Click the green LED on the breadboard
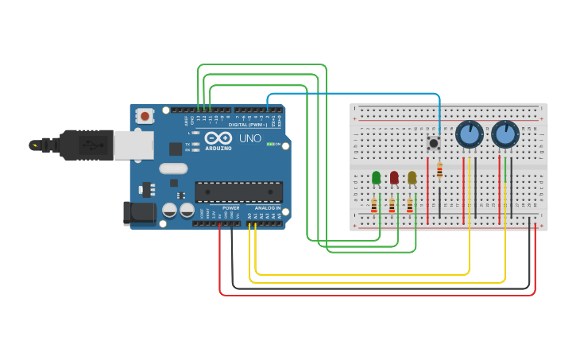click(376, 177)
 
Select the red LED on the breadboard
click(394, 177)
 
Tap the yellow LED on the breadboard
click(412, 177)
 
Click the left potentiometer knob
click(470, 134)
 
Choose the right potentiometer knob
click(505, 134)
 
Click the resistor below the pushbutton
click(439, 169)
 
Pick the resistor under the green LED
click(374, 206)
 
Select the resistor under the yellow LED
click(410, 206)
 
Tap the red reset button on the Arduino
click(145, 116)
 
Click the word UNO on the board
click(250, 138)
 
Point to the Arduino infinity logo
click(218, 137)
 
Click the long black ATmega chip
click(238, 192)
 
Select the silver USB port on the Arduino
click(133, 145)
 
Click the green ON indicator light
click(271, 144)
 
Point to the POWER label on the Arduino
click(230, 208)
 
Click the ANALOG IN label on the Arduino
click(267, 208)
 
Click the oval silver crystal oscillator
click(173, 168)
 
